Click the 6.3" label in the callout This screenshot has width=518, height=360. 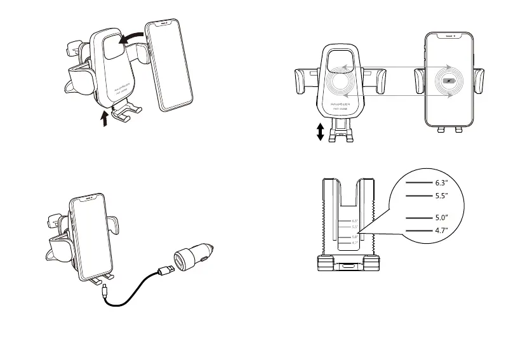[x=442, y=182]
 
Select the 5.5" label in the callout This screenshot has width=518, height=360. [x=442, y=196]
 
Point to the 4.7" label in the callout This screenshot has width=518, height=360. [x=442, y=230]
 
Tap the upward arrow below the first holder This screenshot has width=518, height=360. [x=105, y=117]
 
